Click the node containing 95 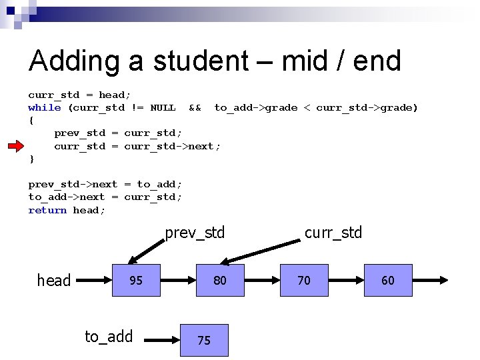[x=135, y=280]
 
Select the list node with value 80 [x=219, y=280]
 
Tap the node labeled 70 [x=304, y=280]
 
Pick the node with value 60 [x=388, y=280]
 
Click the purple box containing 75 [x=204, y=340]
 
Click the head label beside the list [x=54, y=281]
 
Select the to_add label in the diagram [x=109, y=337]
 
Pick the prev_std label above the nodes [x=195, y=233]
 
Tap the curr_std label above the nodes [x=333, y=233]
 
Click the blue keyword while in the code [x=45, y=107]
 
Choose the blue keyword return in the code [x=47, y=210]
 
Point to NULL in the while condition [x=163, y=107]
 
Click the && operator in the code [x=195, y=107]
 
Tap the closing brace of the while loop [x=31, y=159]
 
